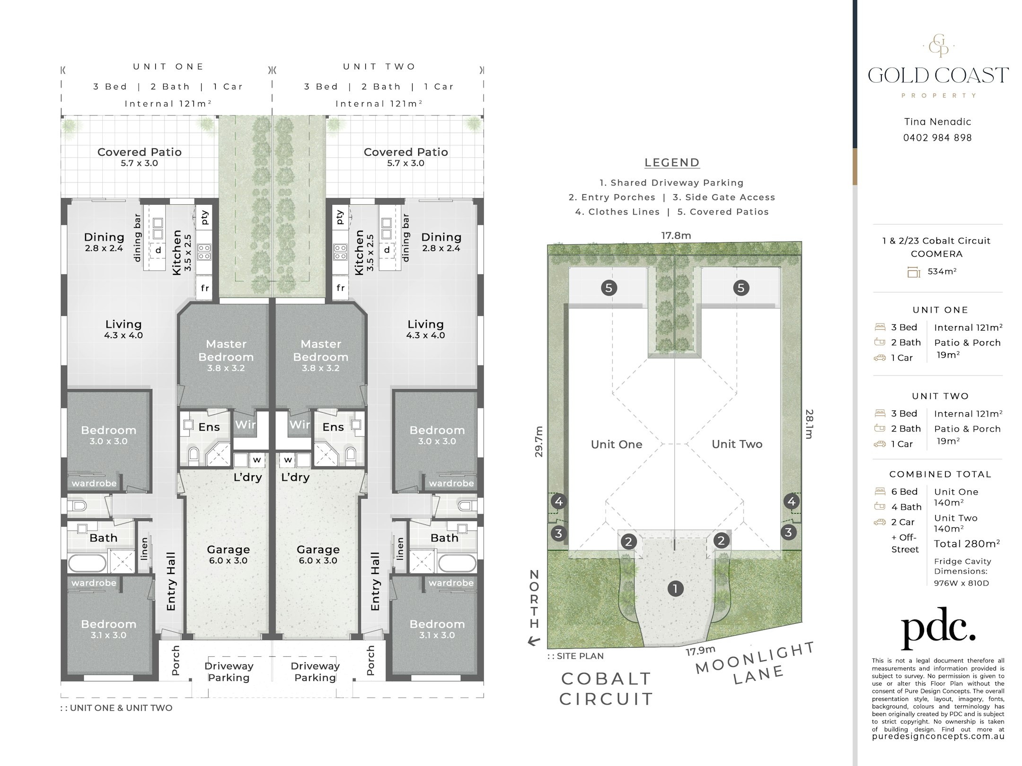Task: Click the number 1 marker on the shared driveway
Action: click(x=675, y=589)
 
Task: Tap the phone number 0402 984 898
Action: click(x=937, y=138)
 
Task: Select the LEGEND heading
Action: click(x=672, y=163)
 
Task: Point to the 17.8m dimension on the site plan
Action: click(x=676, y=235)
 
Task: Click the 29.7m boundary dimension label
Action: click(x=538, y=442)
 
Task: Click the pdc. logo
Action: click(x=938, y=628)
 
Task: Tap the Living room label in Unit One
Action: click(x=123, y=324)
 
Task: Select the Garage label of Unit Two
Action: click(x=318, y=550)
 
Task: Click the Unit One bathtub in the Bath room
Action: click(x=87, y=564)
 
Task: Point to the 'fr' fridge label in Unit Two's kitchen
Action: click(x=341, y=287)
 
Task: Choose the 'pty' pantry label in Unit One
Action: click(x=205, y=218)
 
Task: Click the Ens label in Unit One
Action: click(x=209, y=427)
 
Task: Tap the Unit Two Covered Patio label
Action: click(x=405, y=152)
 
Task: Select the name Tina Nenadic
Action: click(x=937, y=122)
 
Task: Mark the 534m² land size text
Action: click(x=941, y=271)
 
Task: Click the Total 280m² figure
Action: click(x=967, y=544)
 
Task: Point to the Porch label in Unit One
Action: click(x=176, y=660)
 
